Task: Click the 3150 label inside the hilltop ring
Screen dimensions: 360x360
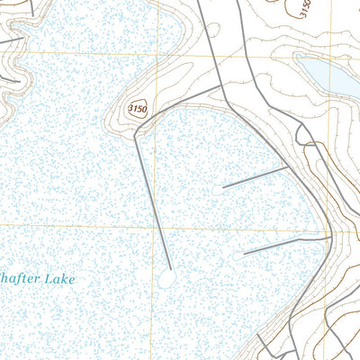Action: click(137, 109)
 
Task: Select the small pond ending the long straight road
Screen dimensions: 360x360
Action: click(166, 281)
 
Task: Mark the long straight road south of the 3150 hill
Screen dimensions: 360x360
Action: click(153, 202)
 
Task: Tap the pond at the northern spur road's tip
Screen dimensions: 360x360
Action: click(219, 190)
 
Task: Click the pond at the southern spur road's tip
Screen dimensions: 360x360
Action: click(238, 256)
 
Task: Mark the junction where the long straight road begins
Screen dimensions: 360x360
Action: click(137, 131)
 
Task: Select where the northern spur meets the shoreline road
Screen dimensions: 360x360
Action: click(290, 166)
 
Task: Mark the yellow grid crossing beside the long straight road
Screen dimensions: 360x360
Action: click(154, 226)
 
